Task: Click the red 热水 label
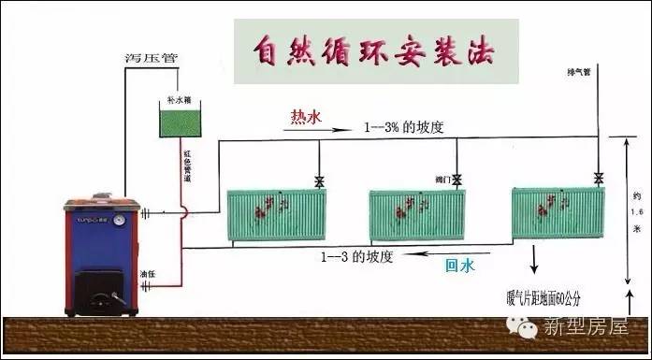[x=305, y=117]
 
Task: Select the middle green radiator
[x=416, y=216]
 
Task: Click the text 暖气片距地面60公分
[x=545, y=300]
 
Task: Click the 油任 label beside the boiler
[x=146, y=275]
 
